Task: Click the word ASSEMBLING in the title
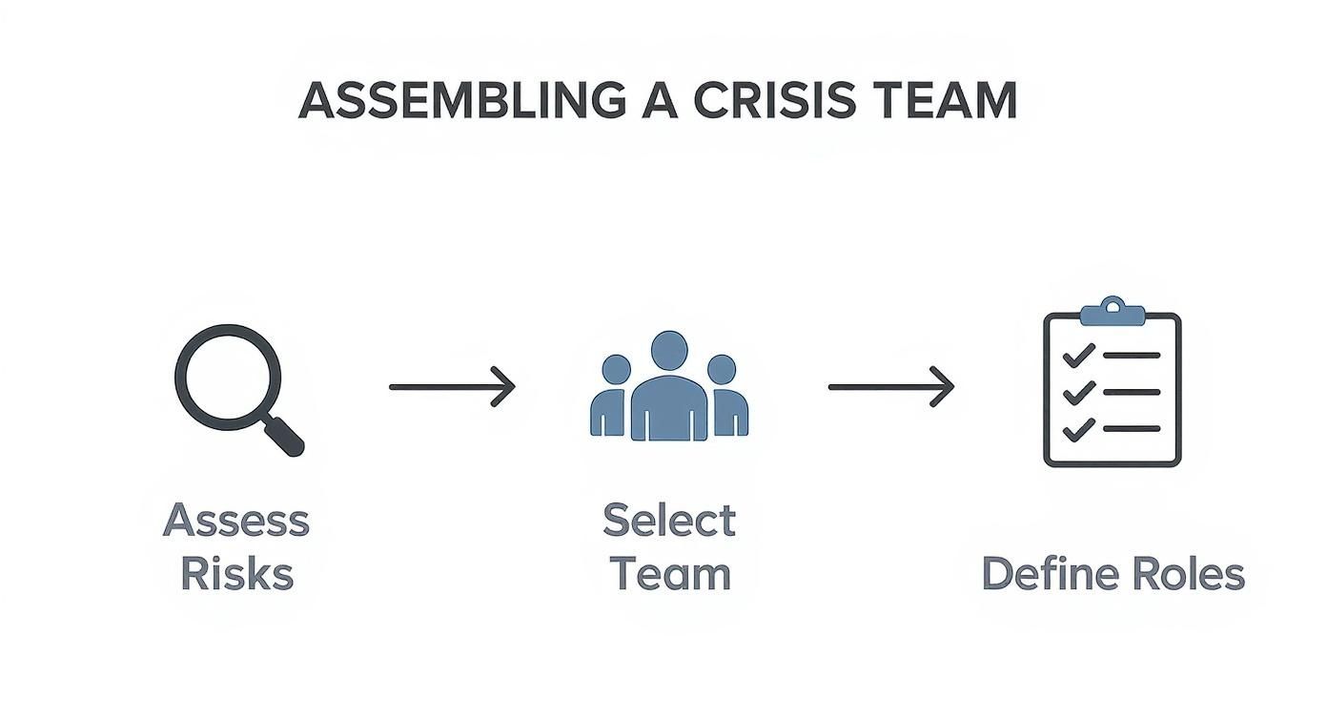pos(461,100)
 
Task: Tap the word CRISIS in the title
pos(774,100)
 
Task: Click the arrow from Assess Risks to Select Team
pos(452,386)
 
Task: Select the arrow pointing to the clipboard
pos(891,386)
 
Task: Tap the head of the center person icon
pos(669,350)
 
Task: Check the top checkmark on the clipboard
pos(1078,356)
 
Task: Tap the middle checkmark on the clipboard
pos(1078,392)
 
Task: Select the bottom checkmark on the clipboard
pos(1078,429)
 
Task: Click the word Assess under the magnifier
pos(236,521)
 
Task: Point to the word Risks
pos(236,575)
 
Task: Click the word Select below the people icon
pos(669,521)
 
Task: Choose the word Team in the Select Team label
pos(669,575)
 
